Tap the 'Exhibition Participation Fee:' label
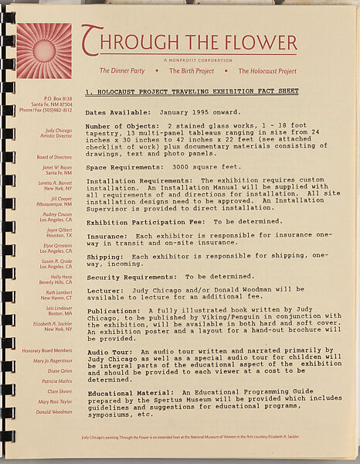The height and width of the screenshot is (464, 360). point(140,220)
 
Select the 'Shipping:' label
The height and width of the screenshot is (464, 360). point(104,257)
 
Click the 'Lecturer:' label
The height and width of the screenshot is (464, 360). point(104,293)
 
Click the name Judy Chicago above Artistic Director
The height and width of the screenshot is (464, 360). point(57,131)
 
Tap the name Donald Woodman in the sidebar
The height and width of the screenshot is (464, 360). point(53,412)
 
